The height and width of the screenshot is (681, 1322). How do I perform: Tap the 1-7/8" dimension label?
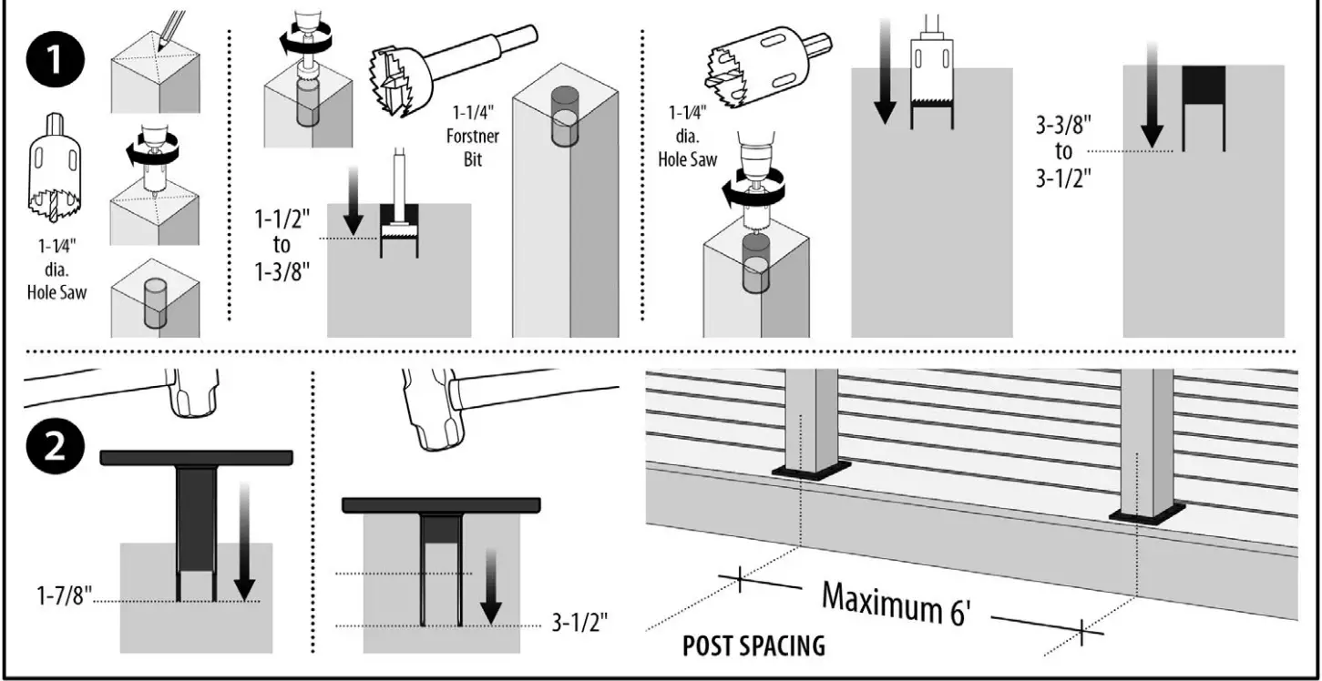click(x=64, y=597)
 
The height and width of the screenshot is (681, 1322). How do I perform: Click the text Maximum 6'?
click(x=897, y=602)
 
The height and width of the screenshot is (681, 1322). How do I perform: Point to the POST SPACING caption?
click(x=753, y=646)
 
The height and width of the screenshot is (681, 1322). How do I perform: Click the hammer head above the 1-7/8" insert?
click(x=193, y=391)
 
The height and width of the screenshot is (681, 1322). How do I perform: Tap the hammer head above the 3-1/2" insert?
click(x=428, y=410)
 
